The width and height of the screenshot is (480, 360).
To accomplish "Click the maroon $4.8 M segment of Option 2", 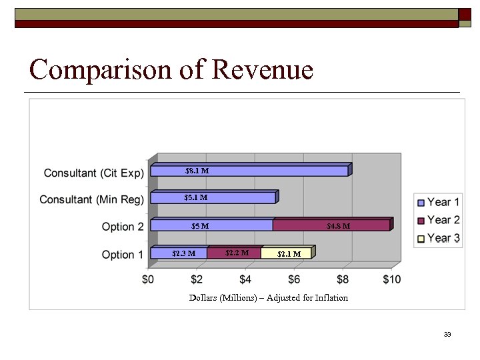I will pyautogui.click(x=331, y=225).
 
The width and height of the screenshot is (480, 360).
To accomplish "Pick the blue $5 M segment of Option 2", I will pyautogui.click(x=212, y=225).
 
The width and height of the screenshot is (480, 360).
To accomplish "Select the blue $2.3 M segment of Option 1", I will pyautogui.click(x=179, y=253).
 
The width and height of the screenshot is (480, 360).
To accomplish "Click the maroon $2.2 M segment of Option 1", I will pyautogui.click(x=234, y=253).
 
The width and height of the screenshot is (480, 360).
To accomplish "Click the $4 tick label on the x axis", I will pyautogui.click(x=246, y=279).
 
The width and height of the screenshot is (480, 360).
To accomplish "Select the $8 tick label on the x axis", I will pyautogui.click(x=343, y=279).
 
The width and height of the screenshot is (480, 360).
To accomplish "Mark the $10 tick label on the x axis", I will pyautogui.click(x=392, y=279).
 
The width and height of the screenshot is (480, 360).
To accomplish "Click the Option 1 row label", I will pyautogui.click(x=122, y=255).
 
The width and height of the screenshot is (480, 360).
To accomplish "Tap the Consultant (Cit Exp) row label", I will pyautogui.click(x=93, y=173).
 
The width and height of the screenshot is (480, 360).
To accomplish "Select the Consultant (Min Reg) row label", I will pyautogui.click(x=91, y=200).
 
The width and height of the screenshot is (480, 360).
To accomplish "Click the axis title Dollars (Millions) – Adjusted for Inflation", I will pyautogui.click(x=269, y=298).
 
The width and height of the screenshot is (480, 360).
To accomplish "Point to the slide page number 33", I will pyautogui.click(x=447, y=334).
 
